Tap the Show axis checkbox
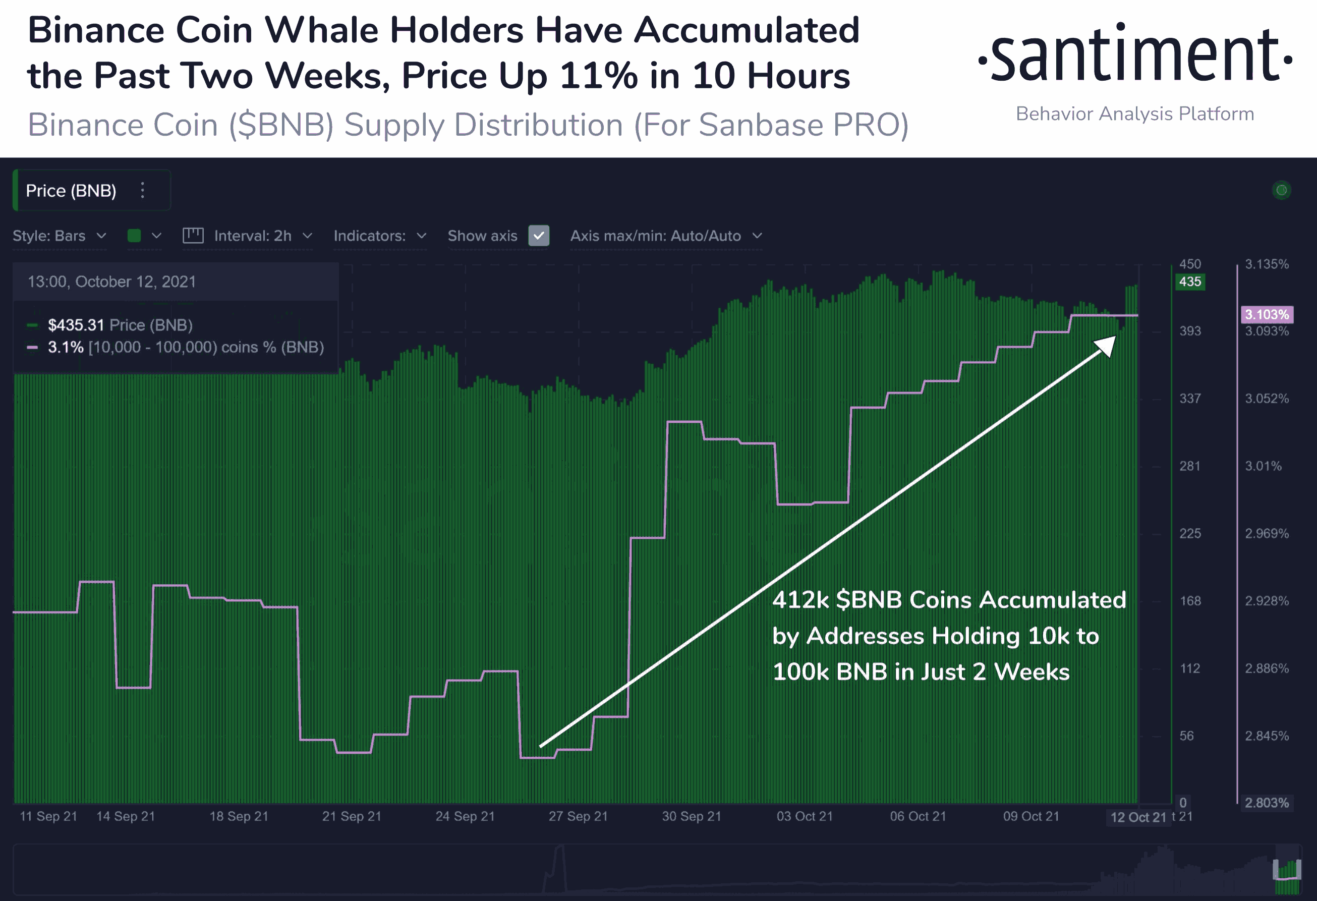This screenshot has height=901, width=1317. [x=538, y=236]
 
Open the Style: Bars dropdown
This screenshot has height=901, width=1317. [x=59, y=236]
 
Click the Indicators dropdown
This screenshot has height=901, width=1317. [x=380, y=236]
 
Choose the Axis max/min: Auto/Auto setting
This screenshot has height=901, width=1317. [x=666, y=236]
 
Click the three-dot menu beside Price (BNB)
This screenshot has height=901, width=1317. [x=143, y=190]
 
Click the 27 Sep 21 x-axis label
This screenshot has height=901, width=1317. [x=578, y=817]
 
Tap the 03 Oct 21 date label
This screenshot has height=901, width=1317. [x=804, y=817]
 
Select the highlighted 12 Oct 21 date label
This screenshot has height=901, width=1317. [x=1138, y=817]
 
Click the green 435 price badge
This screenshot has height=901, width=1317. [x=1189, y=281]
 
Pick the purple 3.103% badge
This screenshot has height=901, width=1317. [x=1267, y=314]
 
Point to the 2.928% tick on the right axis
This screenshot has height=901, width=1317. [x=1267, y=601]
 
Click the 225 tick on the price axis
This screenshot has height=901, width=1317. [x=1189, y=533]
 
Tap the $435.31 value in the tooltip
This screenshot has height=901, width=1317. [x=76, y=325]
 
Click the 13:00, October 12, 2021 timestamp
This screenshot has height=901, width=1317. [x=111, y=281]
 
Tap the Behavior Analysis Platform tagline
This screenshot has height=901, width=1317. [x=1134, y=114]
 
